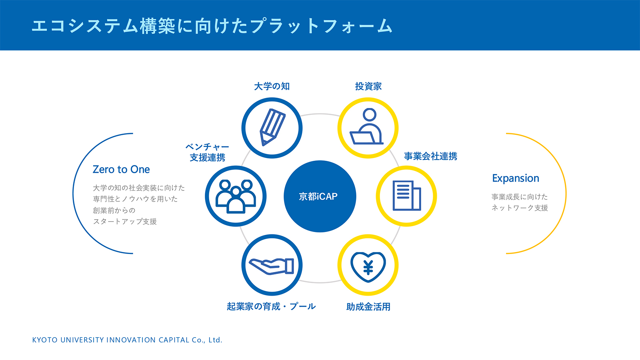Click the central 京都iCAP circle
(320, 196)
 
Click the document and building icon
(406, 196)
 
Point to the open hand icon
(272, 265)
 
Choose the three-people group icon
(236, 196)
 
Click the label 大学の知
(272, 86)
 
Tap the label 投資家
(368, 86)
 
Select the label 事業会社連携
(430, 156)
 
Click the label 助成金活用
(368, 307)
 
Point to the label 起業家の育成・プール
(271, 307)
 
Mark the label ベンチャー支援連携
(207, 152)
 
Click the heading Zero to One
(121, 170)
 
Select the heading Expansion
(516, 178)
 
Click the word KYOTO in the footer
(45, 340)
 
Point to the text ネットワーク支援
(520, 208)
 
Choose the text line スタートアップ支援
(125, 222)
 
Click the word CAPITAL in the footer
(174, 340)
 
